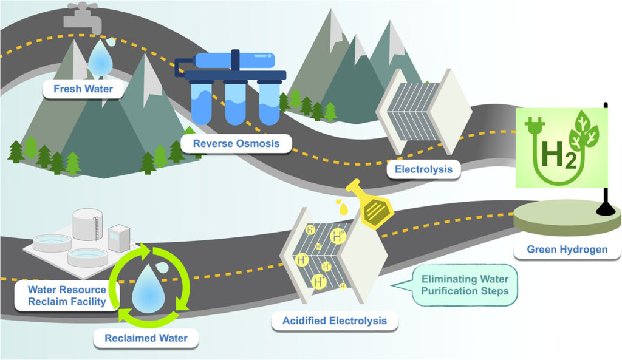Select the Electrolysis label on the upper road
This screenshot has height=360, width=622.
point(423,169)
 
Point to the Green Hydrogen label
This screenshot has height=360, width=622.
point(567,249)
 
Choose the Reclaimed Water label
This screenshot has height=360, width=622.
point(146,338)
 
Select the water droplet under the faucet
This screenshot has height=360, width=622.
point(100,59)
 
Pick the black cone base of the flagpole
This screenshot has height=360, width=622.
point(604,208)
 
